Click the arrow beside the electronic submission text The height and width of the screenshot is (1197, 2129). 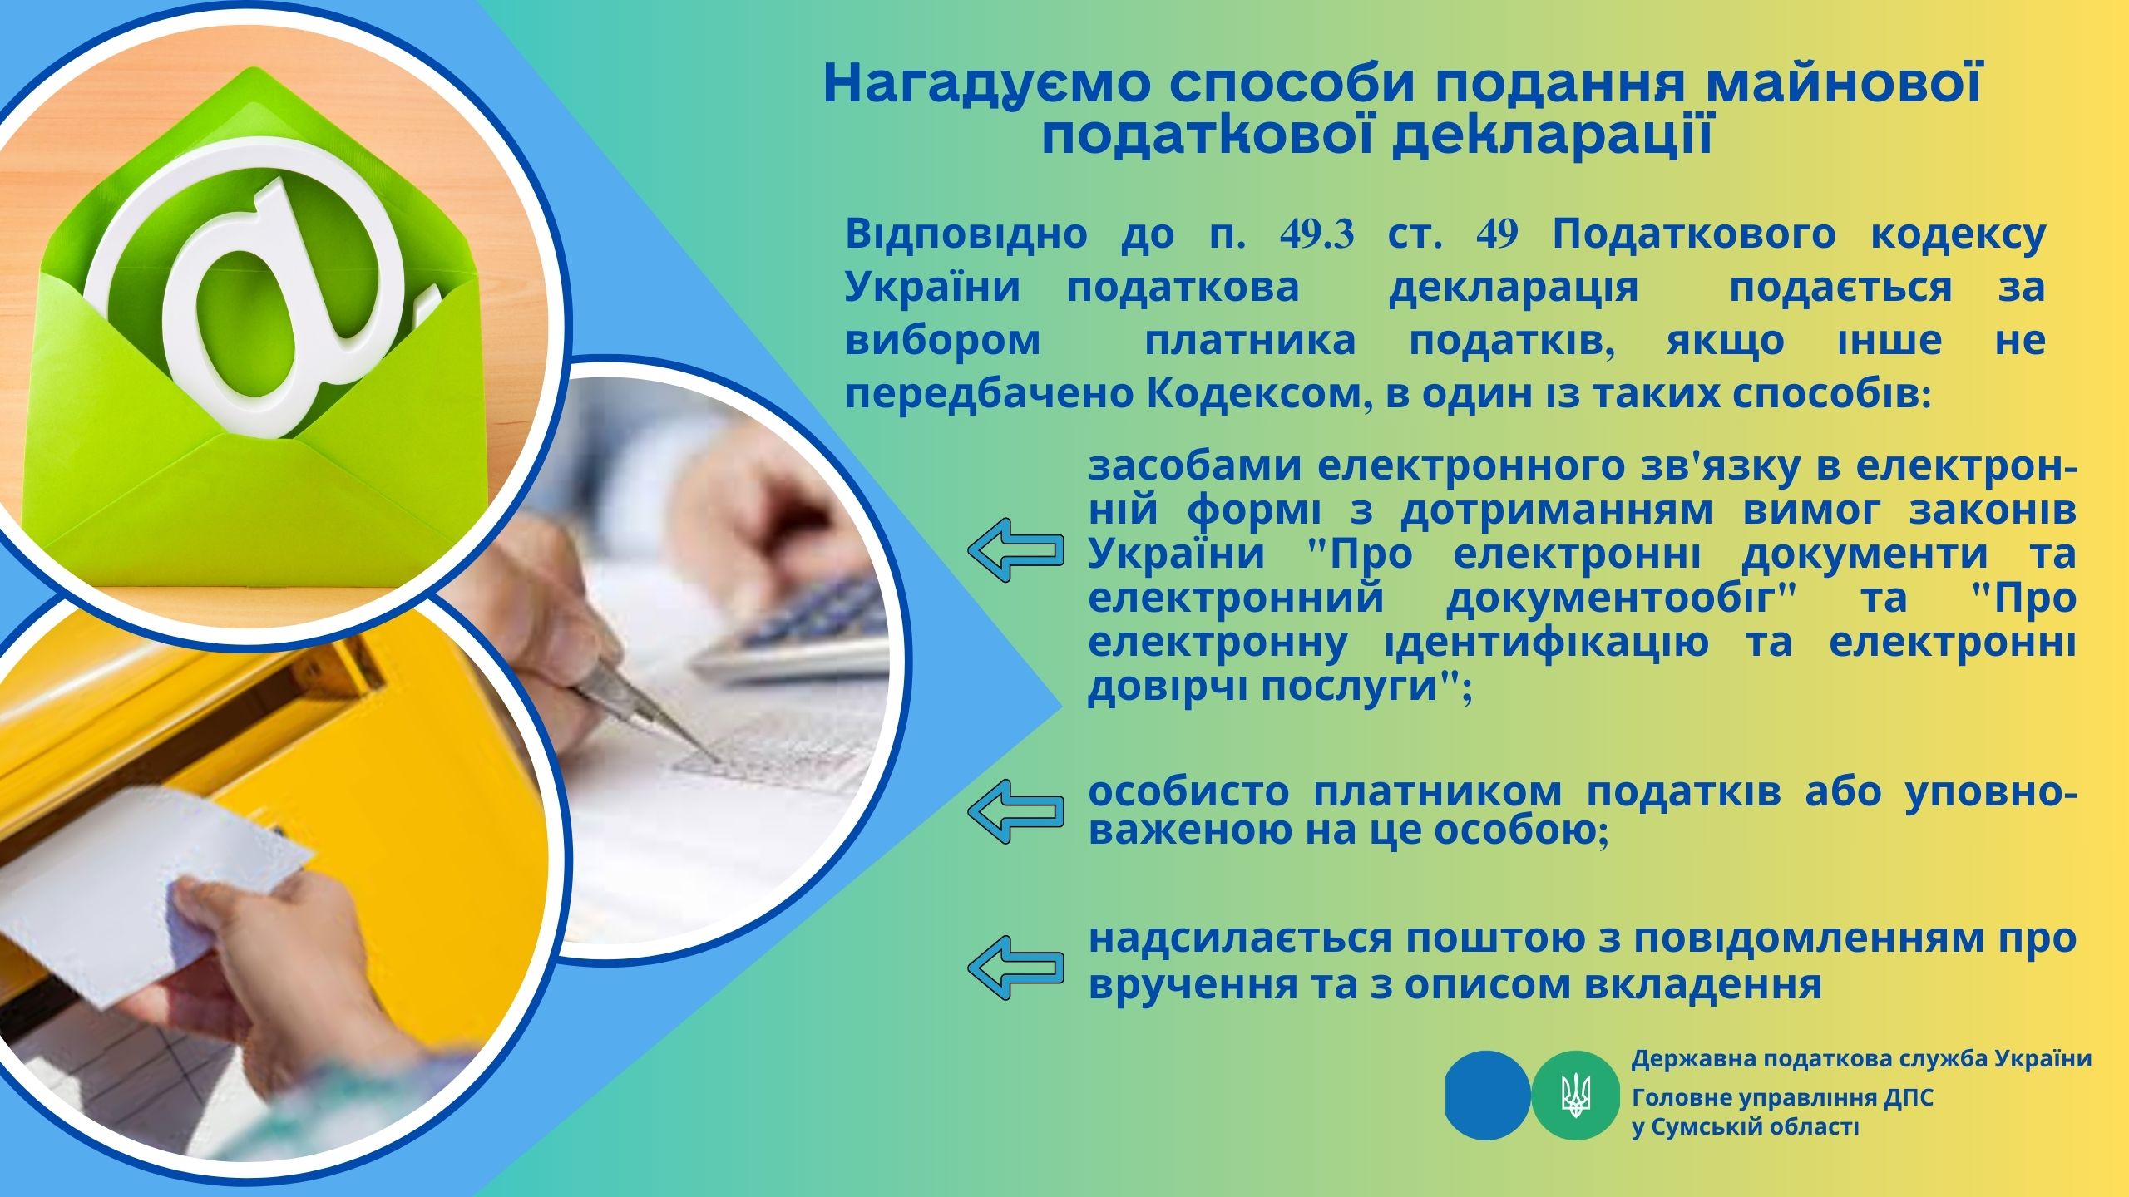coord(1015,550)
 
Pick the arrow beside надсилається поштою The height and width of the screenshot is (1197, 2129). coord(1015,966)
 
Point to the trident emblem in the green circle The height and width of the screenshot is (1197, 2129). coord(1574,1095)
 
